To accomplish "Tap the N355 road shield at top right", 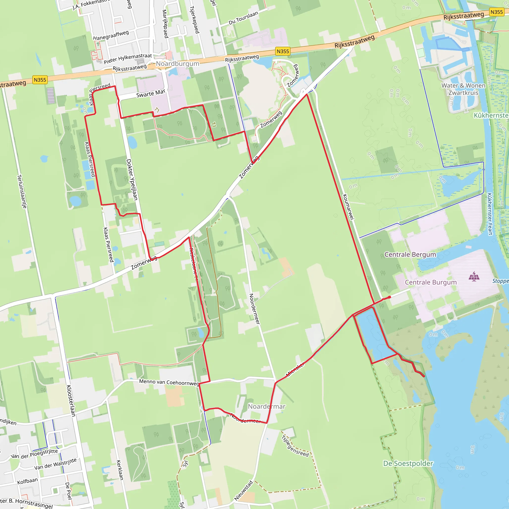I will [497, 12].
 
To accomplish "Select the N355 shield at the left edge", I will [40, 80].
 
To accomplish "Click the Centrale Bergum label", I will [410, 254].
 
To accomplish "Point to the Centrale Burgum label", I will [431, 282].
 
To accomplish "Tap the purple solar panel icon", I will [474, 276].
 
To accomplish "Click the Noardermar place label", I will [266, 407].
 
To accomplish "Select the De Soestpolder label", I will [408, 464].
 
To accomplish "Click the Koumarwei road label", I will [348, 207].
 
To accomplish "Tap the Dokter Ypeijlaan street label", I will [132, 180].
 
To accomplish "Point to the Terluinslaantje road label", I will [22, 192].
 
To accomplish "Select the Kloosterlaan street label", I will [71, 400].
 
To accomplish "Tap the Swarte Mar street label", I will [151, 93].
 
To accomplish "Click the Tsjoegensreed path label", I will [295, 446].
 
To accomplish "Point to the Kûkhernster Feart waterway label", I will [490, 214].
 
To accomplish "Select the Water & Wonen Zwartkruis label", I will [464, 89].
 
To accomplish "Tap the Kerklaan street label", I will [120, 470].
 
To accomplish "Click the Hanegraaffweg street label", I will [111, 35].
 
